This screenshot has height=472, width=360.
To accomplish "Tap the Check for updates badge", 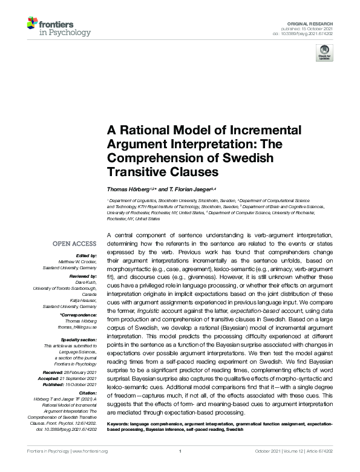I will [324, 52].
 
